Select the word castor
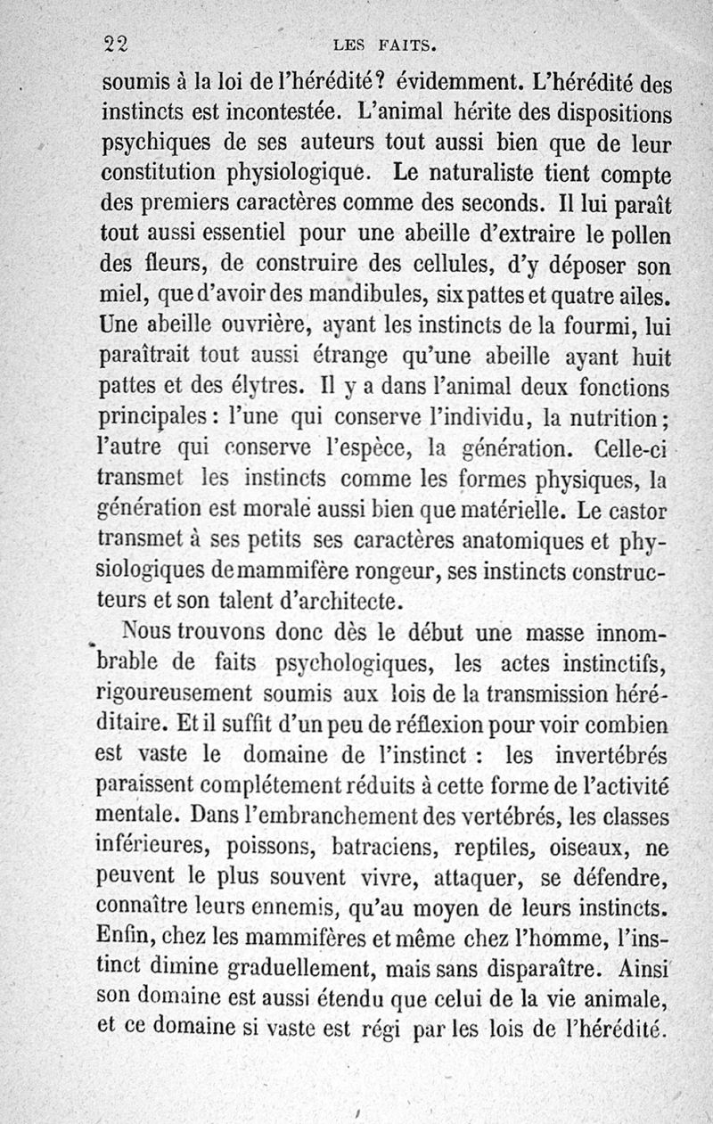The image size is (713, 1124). click(x=644, y=513)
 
